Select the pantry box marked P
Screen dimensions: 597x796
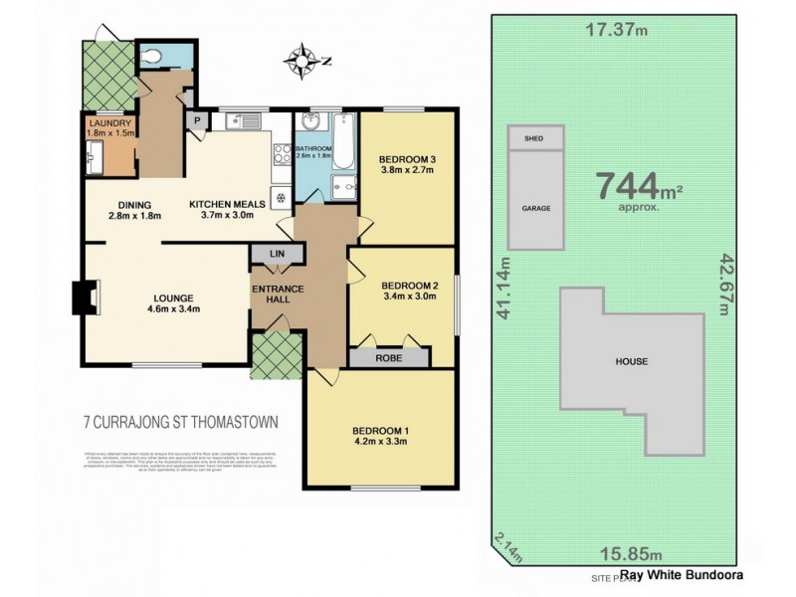coord(197,121)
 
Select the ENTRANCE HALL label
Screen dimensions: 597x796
coord(278,297)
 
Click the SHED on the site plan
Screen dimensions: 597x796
coord(535,139)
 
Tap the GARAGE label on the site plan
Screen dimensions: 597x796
coord(536,209)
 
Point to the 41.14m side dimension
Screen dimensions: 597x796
coord(505,288)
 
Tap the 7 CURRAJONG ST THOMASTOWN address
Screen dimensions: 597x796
coord(180,422)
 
